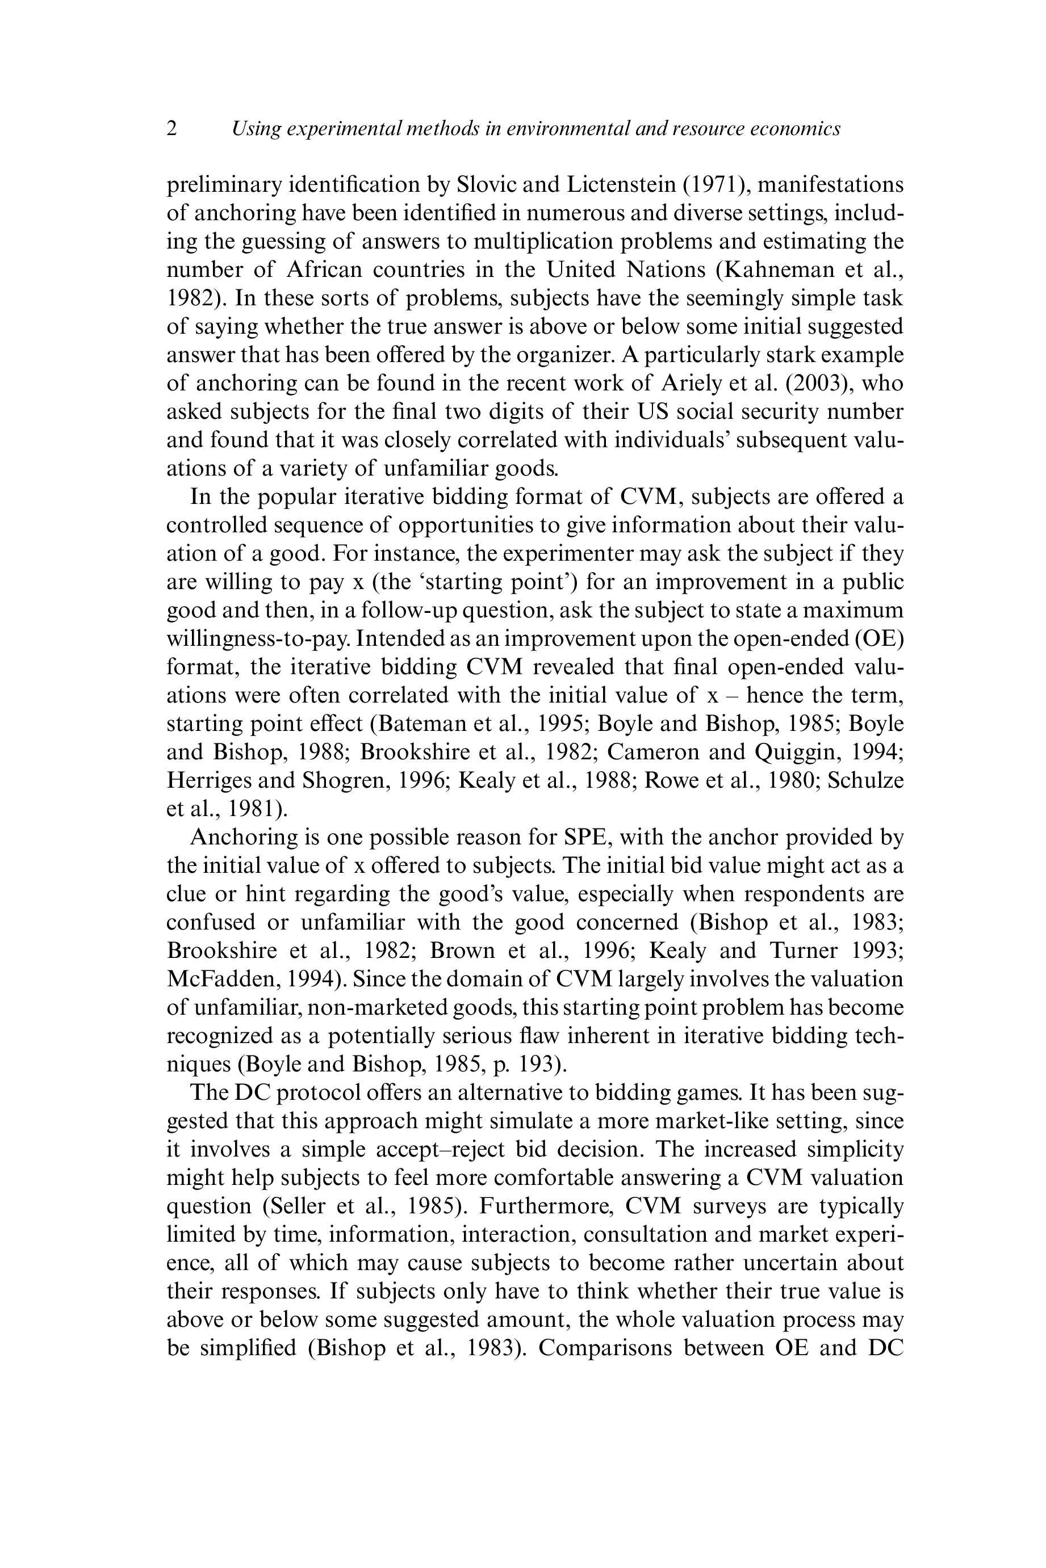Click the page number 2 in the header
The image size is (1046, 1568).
[172, 128]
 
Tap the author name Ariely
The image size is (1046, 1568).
[692, 383]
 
